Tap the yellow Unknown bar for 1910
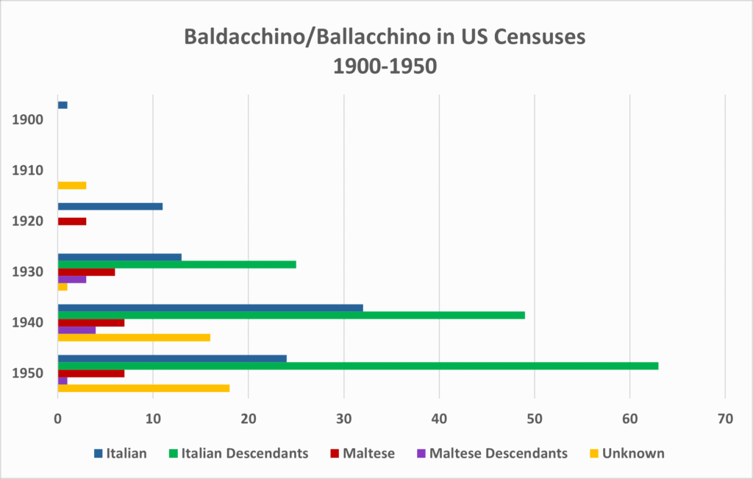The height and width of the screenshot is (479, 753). (x=71, y=185)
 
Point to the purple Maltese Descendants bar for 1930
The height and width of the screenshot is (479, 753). (x=71, y=279)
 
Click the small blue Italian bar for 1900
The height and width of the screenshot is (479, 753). (x=63, y=105)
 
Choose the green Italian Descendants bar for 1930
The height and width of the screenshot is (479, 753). (x=176, y=264)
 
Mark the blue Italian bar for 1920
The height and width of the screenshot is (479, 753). (x=110, y=207)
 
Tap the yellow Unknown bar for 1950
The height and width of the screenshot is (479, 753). (x=143, y=388)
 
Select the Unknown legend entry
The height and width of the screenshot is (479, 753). (x=632, y=453)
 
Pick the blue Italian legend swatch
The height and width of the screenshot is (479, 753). (x=98, y=453)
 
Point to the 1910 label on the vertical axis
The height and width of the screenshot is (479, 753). (x=28, y=170)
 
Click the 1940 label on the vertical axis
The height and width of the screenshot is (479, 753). (x=28, y=322)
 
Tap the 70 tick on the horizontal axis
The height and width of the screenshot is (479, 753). (x=724, y=419)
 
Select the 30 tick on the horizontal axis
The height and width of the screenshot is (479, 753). (x=343, y=419)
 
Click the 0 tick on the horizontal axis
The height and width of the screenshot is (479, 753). (x=57, y=419)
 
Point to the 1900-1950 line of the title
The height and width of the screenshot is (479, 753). (x=385, y=67)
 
